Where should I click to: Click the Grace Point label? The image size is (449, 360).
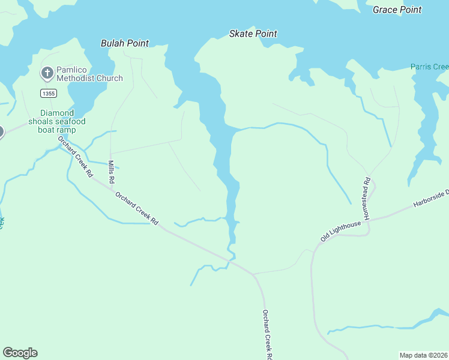tap(397, 10)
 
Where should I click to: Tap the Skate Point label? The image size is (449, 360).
tap(253, 34)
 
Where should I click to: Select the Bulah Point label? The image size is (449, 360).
tap(124, 43)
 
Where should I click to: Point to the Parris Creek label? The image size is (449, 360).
tap(429, 67)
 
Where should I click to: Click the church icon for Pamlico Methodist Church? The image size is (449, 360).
tap(47, 73)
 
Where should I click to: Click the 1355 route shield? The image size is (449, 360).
tap(49, 93)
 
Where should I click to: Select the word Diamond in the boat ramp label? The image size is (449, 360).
tap(57, 113)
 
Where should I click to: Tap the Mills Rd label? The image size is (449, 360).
tap(111, 172)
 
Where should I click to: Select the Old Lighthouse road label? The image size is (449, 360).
tap(340, 231)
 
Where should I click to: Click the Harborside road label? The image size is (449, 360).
tap(430, 199)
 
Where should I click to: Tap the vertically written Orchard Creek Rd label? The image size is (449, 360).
tap(266, 334)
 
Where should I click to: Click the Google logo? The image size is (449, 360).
tap(20, 353)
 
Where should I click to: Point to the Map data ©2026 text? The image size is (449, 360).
tap(423, 355)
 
